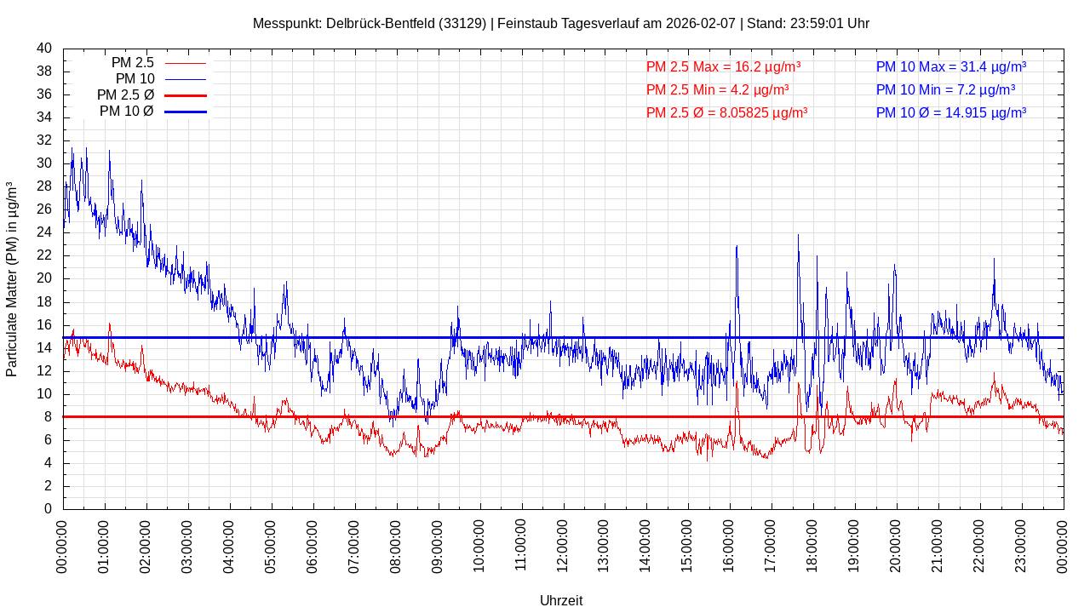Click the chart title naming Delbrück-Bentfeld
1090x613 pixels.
(560, 24)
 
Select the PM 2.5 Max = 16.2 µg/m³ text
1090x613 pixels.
(723, 67)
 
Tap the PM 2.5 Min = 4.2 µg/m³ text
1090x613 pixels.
(717, 89)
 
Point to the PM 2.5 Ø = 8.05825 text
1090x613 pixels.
(726, 112)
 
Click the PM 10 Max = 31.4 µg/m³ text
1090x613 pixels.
(950, 67)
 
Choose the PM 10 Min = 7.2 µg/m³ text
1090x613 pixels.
(945, 89)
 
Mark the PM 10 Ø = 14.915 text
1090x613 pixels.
(950, 112)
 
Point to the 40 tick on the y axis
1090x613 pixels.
(44, 49)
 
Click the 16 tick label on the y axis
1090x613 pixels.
(44, 325)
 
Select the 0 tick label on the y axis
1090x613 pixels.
(48, 509)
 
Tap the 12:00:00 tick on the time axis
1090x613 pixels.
(562, 545)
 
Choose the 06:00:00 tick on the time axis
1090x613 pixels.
(313, 545)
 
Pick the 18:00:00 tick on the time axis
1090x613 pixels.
(812, 545)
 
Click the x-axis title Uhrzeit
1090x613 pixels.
(561, 600)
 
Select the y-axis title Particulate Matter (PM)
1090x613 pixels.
(12, 279)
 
